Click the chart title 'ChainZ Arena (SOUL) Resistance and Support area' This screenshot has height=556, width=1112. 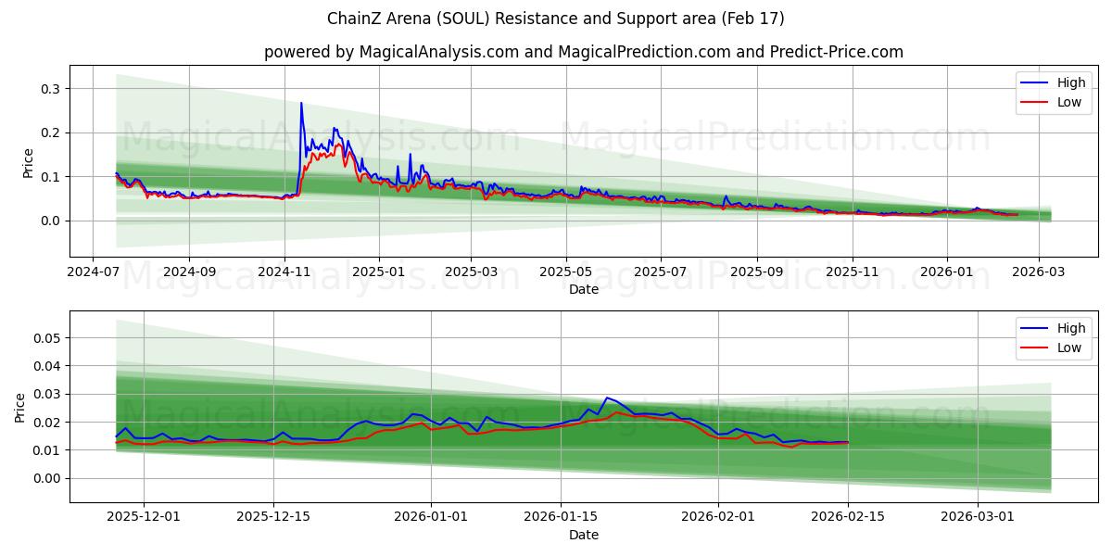[x=556, y=19]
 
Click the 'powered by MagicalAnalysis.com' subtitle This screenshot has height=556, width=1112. [x=390, y=52]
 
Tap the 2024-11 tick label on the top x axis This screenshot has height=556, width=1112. [x=284, y=273]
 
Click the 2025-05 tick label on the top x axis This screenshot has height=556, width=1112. [x=565, y=273]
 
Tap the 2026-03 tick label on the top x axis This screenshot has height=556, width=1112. [x=1038, y=273]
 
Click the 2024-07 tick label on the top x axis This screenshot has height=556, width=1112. [x=92, y=273]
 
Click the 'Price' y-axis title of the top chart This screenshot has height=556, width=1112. [x=28, y=163]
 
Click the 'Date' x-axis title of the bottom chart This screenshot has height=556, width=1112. [x=584, y=536]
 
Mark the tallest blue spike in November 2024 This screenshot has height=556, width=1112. [x=301, y=103]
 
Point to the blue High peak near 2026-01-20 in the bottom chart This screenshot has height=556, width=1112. [x=607, y=398]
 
